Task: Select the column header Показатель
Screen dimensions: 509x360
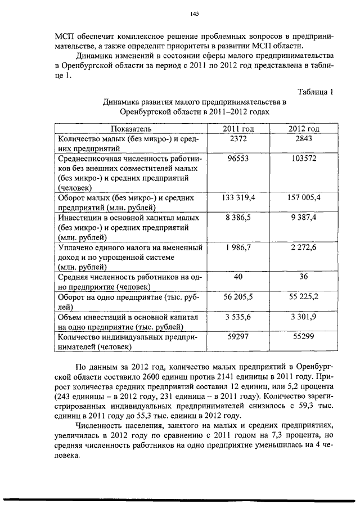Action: (130, 129)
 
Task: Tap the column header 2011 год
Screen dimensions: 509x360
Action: (238, 129)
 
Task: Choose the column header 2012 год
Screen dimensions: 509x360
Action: (304, 129)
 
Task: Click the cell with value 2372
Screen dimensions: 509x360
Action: (238, 139)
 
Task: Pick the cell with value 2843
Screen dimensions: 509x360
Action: (304, 139)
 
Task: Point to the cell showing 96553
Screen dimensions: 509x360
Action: (238, 159)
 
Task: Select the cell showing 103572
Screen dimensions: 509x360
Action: (304, 159)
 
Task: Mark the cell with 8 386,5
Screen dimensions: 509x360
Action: (238, 218)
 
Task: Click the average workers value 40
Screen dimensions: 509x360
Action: (238, 276)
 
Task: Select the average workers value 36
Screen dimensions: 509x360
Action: (304, 276)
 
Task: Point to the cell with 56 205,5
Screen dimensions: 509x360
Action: (238, 296)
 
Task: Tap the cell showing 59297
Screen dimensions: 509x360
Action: (238, 336)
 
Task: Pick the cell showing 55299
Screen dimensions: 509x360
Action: (304, 336)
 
